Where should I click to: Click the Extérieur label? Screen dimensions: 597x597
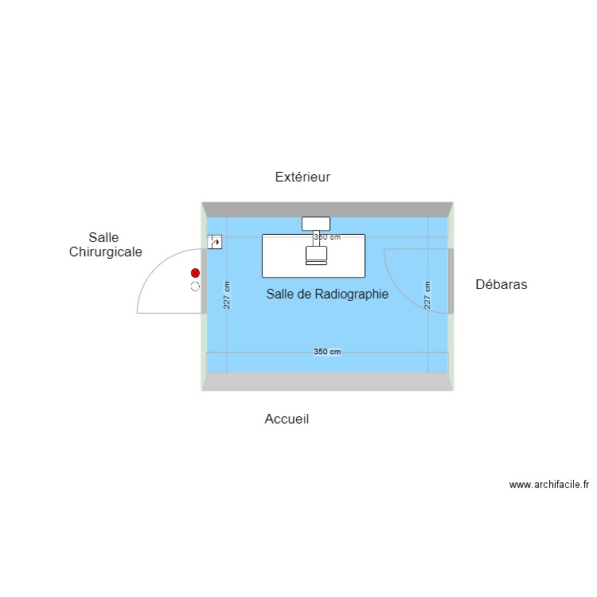click(302, 177)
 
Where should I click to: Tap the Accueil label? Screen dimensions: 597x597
click(287, 419)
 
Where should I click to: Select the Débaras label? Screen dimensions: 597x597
click(501, 284)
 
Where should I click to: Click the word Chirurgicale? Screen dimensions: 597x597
click(105, 252)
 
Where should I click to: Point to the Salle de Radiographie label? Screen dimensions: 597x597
click(327, 294)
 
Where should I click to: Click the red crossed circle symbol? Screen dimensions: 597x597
click(195, 273)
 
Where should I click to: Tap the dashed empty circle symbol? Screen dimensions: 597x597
click(195, 287)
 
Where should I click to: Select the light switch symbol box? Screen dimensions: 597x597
click(215, 242)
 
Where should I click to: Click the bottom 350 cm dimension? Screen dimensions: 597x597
click(327, 352)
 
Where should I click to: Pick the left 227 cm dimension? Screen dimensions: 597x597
click(227, 295)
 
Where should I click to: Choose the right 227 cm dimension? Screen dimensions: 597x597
click(427, 295)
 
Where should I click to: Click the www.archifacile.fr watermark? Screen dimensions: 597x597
click(549, 484)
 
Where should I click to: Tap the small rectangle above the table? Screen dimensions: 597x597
click(316, 224)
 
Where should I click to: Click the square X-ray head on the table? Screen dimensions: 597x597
click(316, 253)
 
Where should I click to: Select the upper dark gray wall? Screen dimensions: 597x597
click(327, 209)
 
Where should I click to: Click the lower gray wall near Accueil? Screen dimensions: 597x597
click(327, 381)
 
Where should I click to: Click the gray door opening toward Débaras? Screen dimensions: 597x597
click(451, 281)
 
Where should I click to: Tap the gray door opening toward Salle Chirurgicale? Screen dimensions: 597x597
click(204, 281)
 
